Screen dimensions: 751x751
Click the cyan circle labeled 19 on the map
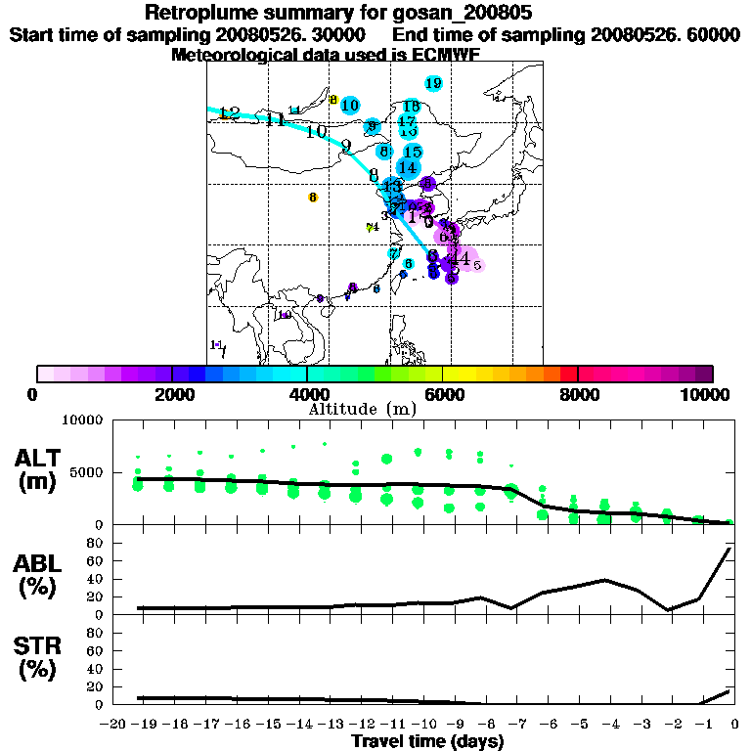[x=433, y=83]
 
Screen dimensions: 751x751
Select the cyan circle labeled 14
[x=408, y=167]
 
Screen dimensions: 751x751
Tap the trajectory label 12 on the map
[x=229, y=113]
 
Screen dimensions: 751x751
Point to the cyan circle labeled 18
[x=411, y=106]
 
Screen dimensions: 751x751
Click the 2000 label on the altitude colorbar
[x=171, y=394]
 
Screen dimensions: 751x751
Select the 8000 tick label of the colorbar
[x=578, y=394]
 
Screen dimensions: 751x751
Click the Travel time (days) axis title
[x=427, y=742]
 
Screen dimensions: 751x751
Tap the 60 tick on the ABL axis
[x=96, y=560]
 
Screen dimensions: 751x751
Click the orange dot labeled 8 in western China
[x=313, y=198]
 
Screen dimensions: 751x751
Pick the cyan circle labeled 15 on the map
[x=412, y=152]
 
